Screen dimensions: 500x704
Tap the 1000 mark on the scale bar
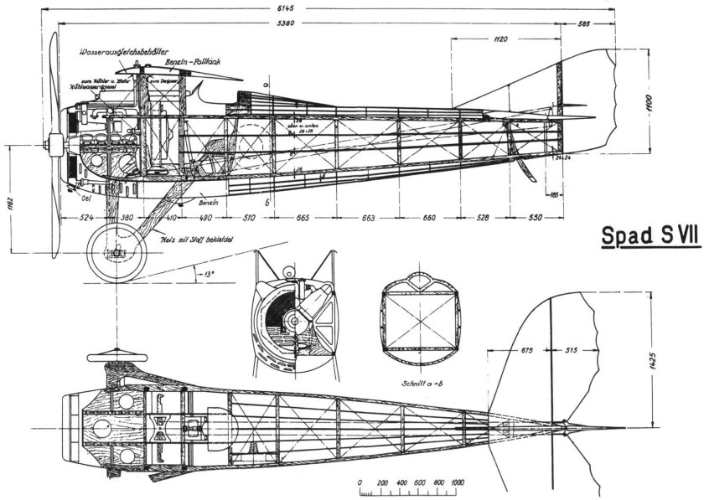tap(458, 483)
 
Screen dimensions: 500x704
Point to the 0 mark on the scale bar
tap(360, 483)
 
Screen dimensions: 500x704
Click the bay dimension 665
tap(303, 219)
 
